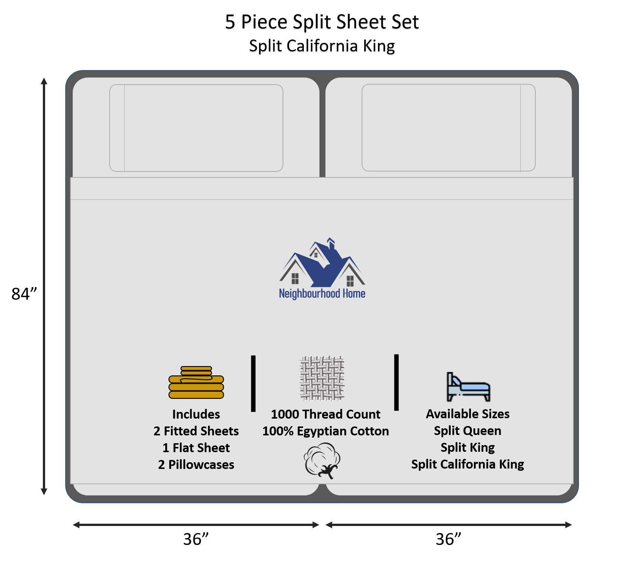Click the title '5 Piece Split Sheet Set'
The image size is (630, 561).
322,22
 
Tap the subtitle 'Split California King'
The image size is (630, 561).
322,46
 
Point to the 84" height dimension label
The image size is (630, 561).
25,294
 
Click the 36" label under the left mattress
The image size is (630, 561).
196,539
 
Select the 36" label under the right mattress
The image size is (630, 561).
448,539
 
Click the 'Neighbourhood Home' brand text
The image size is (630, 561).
322,293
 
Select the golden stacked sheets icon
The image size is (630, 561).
196,382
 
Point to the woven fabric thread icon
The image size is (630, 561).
322,378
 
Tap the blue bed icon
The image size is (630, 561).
468,387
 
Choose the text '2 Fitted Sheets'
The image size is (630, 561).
196,431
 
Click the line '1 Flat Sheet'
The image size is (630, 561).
196,448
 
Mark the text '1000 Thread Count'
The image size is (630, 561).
325,414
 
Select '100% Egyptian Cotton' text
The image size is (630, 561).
325,431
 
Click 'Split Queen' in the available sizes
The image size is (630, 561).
467,431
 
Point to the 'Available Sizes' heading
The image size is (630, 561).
467,414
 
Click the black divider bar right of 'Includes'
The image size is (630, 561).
253,383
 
